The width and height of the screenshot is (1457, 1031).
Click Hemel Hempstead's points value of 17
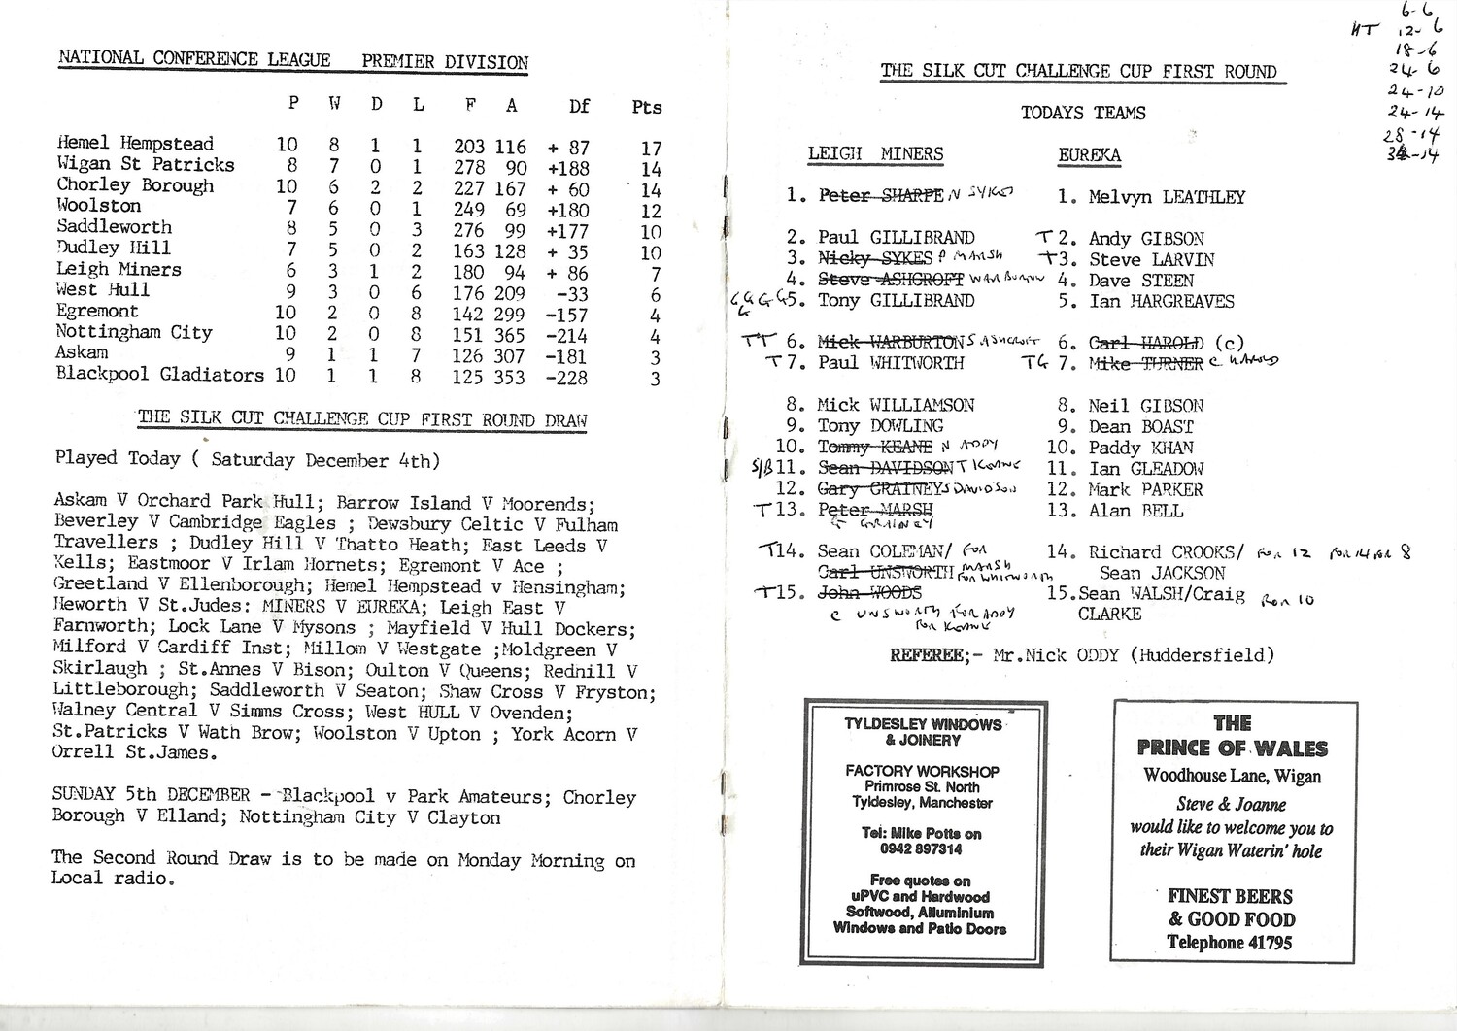(x=651, y=149)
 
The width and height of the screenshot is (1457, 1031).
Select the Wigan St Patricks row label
(x=146, y=164)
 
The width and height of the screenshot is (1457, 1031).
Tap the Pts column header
(x=647, y=107)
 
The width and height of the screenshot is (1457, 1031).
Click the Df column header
(x=579, y=106)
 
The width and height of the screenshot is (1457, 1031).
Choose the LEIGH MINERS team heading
(x=875, y=154)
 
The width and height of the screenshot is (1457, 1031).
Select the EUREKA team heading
(x=1089, y=155)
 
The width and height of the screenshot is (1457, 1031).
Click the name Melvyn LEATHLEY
(x=1167, y=197)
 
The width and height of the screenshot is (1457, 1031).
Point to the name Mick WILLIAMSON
(x=896, y=405)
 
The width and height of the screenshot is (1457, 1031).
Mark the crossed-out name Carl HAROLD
(x=1146, y=343)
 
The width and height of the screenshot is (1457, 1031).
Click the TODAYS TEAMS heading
(x=1083, y=113)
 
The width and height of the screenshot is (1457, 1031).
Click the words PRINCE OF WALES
(x=1232, y=748)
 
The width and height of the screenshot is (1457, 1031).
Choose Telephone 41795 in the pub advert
(x=1229, y=942)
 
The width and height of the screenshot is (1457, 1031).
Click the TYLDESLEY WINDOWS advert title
(x=923, y=724)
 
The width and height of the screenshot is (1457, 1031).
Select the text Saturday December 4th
(x=324, y=460)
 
